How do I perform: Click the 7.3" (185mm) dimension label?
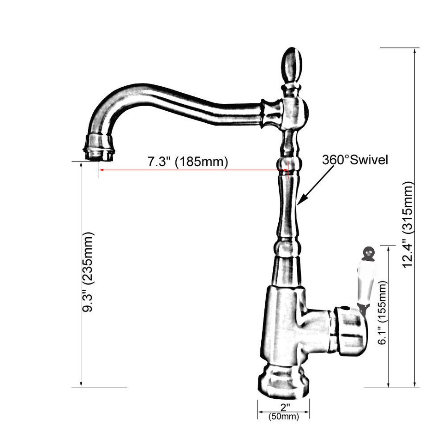pos(187,162)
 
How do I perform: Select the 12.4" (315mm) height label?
pos(408,225)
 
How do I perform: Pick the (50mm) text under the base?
pos(283,417)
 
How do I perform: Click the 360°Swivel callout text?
pos(355,160)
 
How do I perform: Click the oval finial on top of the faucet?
pos(290,64)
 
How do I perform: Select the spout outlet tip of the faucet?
pos(98,148)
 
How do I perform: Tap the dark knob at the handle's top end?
pos(368,252)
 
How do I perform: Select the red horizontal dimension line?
pos(194,170)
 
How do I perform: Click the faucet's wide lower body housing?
pos(284,323)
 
